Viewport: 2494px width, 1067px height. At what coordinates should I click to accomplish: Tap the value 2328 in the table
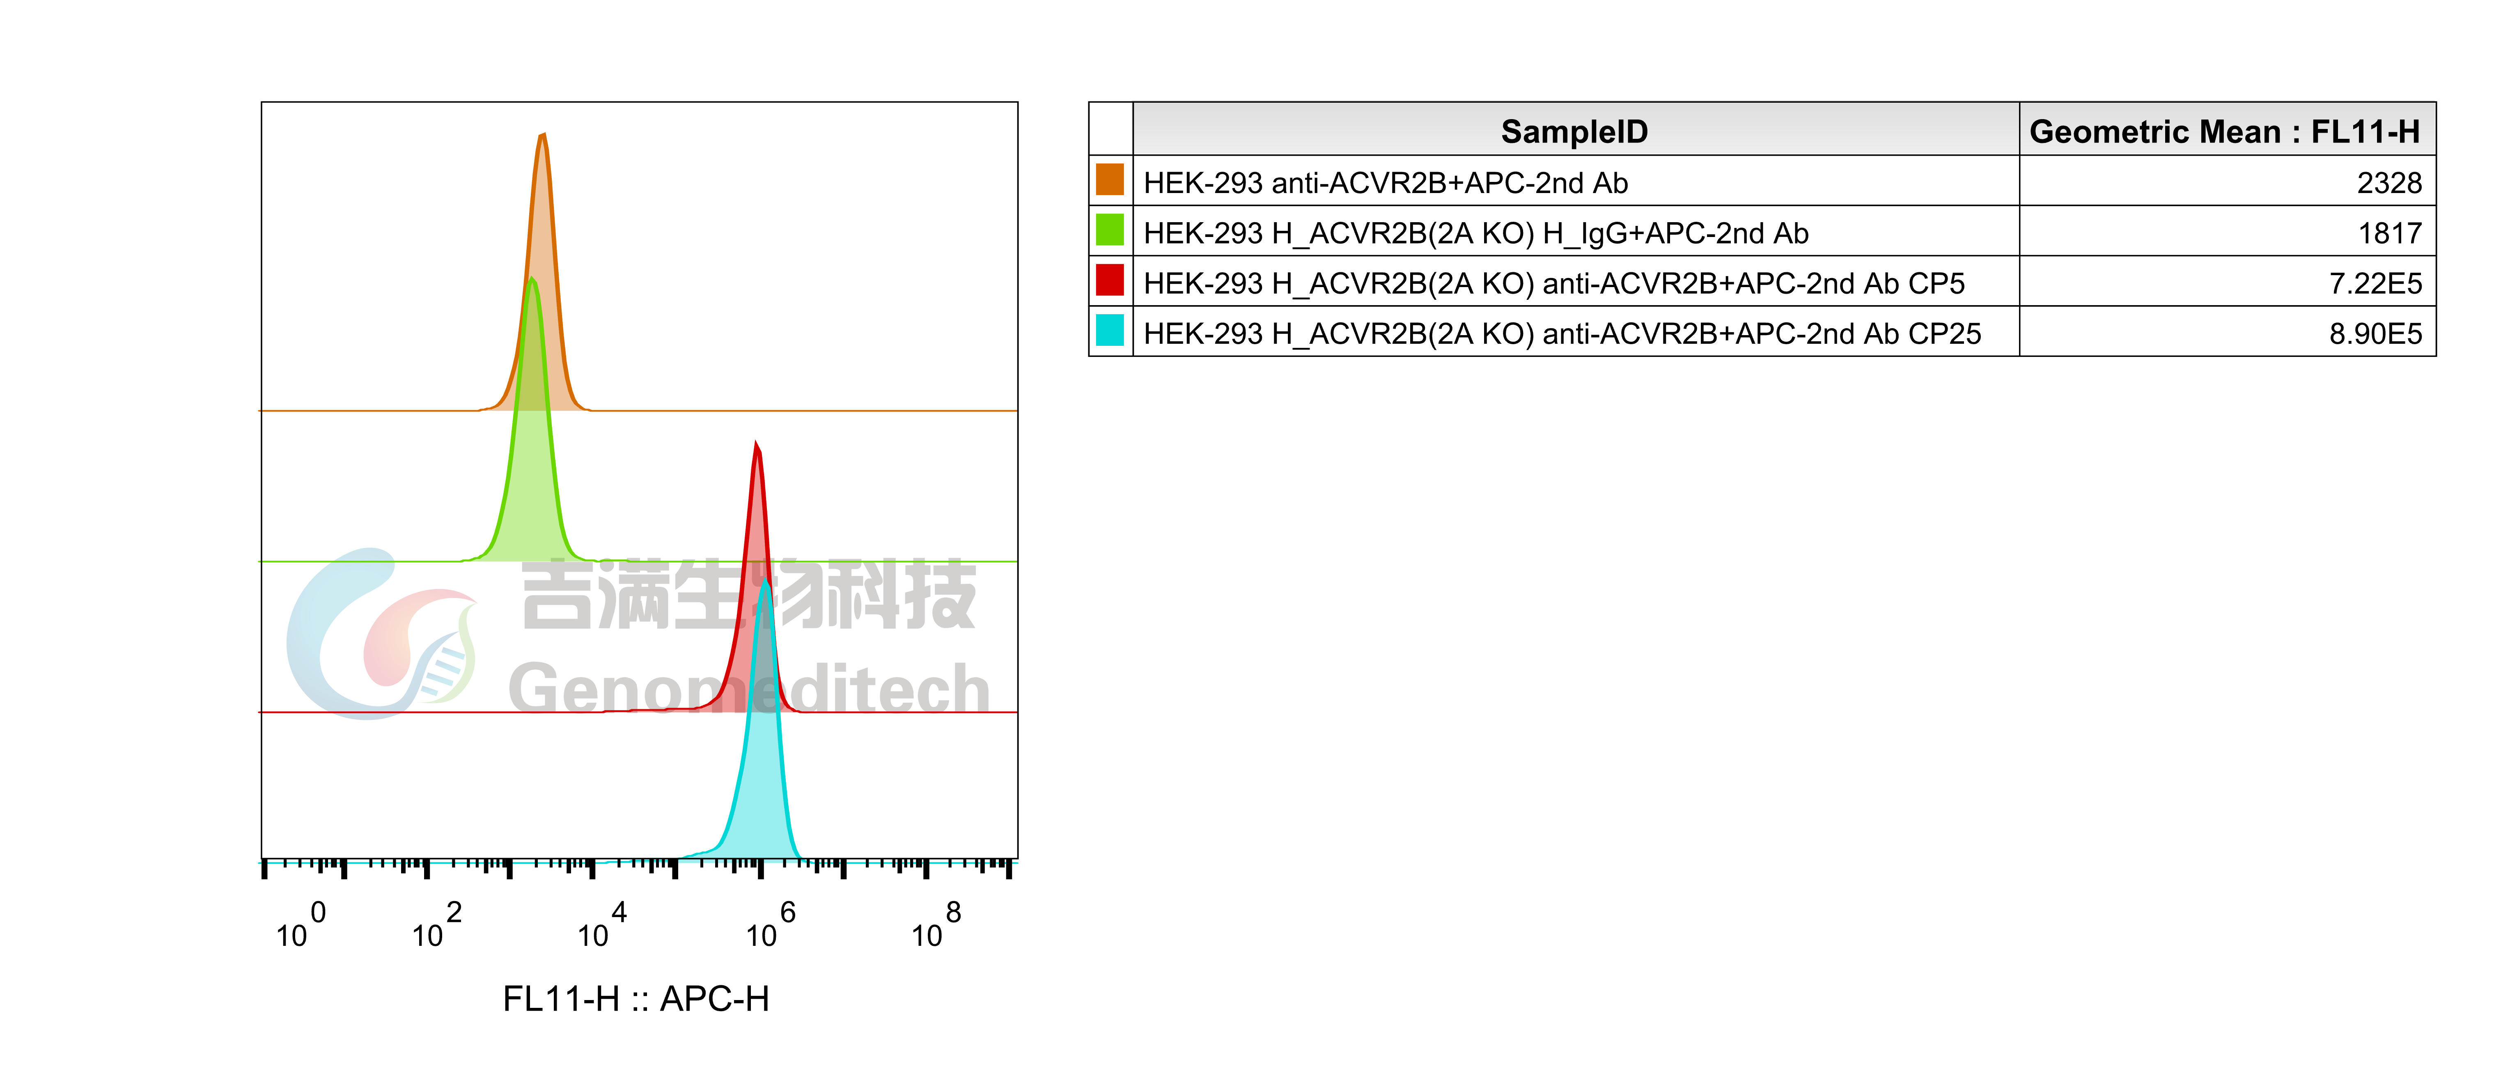click(x=2388, y=183)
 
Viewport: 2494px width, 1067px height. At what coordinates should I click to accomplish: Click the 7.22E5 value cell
click(x=2375, y=284)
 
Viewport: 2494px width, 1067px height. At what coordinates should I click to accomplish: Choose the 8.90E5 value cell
click(x=2375, y=334)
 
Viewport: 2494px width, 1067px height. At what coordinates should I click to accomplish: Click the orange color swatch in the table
click(x=1110, y=180)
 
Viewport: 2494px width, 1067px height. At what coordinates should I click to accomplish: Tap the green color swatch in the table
click(x=1110, y=230)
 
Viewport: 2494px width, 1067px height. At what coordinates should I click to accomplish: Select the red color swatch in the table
click(x=1110, y=281)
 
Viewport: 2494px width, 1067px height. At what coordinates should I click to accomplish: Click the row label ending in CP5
click(x=1554, y=284)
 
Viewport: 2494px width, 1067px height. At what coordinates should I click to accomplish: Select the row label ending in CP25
click(x=1562, y=334)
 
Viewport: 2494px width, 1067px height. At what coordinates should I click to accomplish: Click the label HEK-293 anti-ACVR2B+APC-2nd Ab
click(x=1386, y=183)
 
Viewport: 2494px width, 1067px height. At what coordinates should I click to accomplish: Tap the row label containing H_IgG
click(x=1475, y=233)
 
